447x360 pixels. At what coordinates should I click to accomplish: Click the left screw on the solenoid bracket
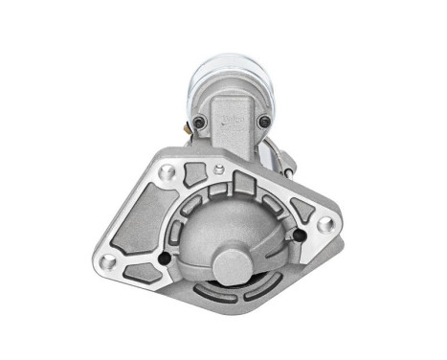click(x=198, y=122)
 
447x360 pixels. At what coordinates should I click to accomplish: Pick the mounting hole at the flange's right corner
click(x=325, y=223)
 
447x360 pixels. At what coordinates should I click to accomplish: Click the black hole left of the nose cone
click(x=165, y=259)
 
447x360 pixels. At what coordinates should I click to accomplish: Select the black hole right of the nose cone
click(x=300, y=236)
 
